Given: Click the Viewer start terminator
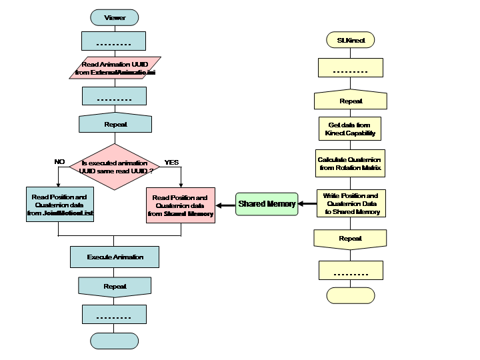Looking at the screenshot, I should tap(114, 17).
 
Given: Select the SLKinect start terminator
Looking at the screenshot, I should tap(351, 40).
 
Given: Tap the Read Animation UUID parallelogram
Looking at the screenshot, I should tap(115, 68).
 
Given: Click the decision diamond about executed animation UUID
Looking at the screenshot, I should tap(115, 167).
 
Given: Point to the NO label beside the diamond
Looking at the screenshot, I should tap(59, 161).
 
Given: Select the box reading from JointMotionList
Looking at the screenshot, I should tap(59, 205).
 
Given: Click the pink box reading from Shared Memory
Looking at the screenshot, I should tap(180, 205).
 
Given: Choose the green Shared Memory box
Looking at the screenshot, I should tap(267, 204).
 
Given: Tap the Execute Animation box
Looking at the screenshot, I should tap(115, 257).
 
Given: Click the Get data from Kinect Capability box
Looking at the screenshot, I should tap(351, 129).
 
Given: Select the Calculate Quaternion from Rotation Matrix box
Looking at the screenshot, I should tap(351, 164).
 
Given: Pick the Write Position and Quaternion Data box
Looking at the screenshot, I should tap(351, 203).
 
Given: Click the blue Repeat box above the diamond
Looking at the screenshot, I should tap(115, 125).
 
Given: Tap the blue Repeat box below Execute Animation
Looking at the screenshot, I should tap(115, 287).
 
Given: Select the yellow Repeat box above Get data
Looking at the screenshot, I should tap(351, 101).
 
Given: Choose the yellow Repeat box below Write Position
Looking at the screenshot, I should tap(351, 239).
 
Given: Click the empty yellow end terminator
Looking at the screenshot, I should tap(351, 295).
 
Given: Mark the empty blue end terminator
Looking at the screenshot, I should tap(114, 340).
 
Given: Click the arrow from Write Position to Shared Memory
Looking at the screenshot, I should tap(307, 204).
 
